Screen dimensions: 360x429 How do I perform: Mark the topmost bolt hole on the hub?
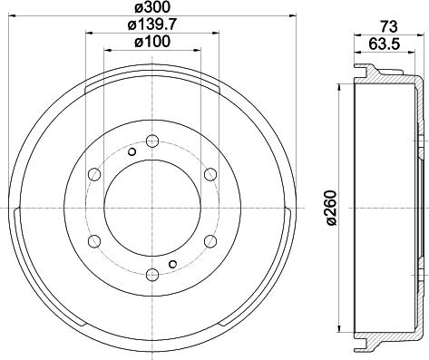coord(151,141)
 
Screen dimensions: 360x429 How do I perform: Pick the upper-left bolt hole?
coord(93,174)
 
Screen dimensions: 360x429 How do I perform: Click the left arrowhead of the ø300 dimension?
coord(18,16)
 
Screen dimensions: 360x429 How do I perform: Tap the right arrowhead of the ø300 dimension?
coord(285,16)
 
